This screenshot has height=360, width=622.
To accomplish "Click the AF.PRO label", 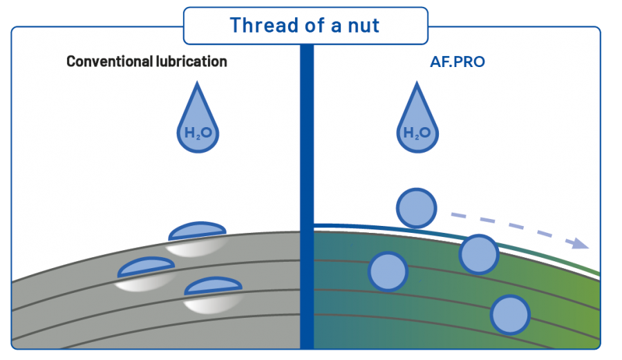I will pyautogui.click(x=458, y=61).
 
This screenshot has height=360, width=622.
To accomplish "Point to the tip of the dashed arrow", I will pyautogui.click(x=587, y=246).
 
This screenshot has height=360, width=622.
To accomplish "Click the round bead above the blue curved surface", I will pyautogui.click(x=417, y=208).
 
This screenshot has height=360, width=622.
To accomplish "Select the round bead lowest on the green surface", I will pyautogui.click(x=510, y=315).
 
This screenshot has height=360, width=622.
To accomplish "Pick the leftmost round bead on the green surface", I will pyautogui.click(x=388, y=271).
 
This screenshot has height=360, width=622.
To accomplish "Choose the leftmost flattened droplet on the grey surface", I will pyautogui.click(x=146, y=267).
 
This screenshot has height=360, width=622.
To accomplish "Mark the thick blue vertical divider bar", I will pyautogui.click(x=307, y=193).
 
